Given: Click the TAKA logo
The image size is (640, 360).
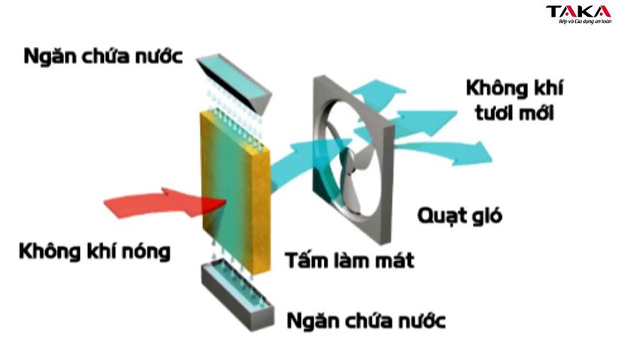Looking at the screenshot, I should pyautogui.click(x=578, y=12).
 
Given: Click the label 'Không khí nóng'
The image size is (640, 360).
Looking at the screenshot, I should pyautogui.click(x=95, y=250).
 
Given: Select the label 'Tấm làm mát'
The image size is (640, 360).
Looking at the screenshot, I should pyautogui.click(x=349, y=261).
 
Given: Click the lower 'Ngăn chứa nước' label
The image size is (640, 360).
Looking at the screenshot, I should pyautogui.click(x=367, y=320).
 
